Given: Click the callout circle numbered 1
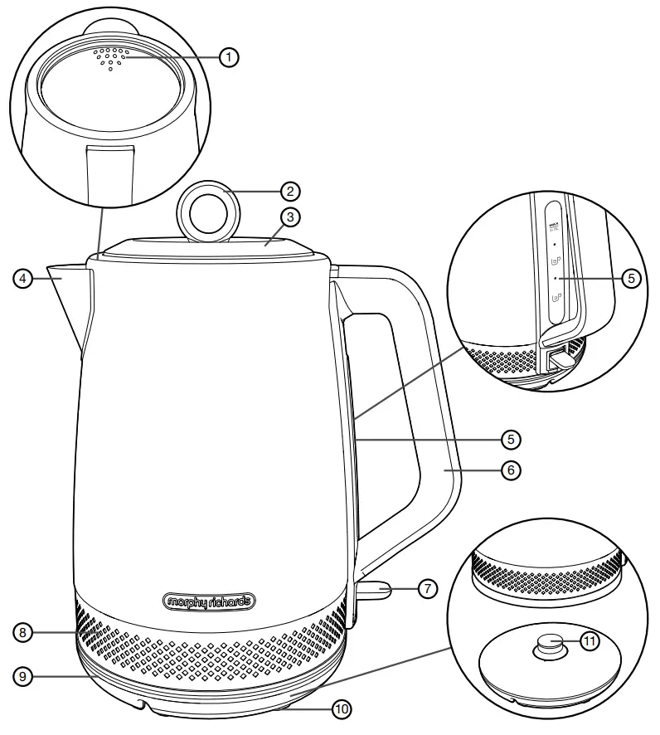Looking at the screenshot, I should click(x=229, y=56).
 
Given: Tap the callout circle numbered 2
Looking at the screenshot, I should click(x=289, y=191).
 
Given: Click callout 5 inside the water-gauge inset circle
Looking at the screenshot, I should click(x=631, y=279).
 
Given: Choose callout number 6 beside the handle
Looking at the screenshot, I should click(x=511, y=470).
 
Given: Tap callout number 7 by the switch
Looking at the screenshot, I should click(x=425, y=589).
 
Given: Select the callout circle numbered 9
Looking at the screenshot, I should click(x=25, y=677).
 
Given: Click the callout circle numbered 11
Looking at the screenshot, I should click(x=590, y=641).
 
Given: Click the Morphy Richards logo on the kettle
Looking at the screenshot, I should click(x=207, y=600).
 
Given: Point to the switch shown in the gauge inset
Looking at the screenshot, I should click(x=557, y=357).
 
